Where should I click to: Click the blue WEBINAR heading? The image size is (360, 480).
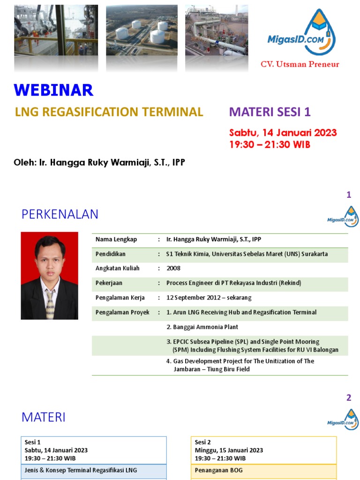point(53,90)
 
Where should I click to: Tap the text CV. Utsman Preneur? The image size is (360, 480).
point(300,64)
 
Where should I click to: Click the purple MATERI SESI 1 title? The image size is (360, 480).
point(270,112)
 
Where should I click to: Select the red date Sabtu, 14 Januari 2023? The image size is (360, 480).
point(283,133)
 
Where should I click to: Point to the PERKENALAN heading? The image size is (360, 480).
point(60,214)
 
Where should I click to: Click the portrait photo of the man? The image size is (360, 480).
point(49,276)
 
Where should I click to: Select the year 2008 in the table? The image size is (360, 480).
point(173,269)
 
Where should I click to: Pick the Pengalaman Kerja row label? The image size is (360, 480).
point(120,298)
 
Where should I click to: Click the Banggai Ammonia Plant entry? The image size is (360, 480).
point(202,327)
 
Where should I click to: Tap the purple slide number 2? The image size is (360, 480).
point(349,398)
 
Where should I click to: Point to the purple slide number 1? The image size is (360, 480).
point(349,195)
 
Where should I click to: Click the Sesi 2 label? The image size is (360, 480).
point(203,442)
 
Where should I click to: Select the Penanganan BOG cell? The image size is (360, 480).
point(212,470)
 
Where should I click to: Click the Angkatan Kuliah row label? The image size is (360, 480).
point(118,269)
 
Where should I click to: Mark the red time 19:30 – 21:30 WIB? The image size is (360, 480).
point(270,145)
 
